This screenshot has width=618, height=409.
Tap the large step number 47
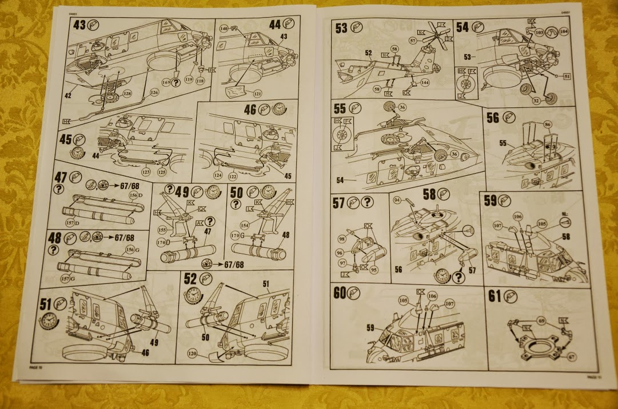point(61,177)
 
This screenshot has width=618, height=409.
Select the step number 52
point(190,279)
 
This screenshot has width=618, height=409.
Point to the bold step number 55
point(340,108)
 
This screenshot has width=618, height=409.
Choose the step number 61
point(495,296)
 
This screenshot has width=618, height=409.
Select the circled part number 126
point(153,93)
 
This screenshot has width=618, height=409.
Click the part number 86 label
point(547,124)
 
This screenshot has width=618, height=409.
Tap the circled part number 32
point(536,101)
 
